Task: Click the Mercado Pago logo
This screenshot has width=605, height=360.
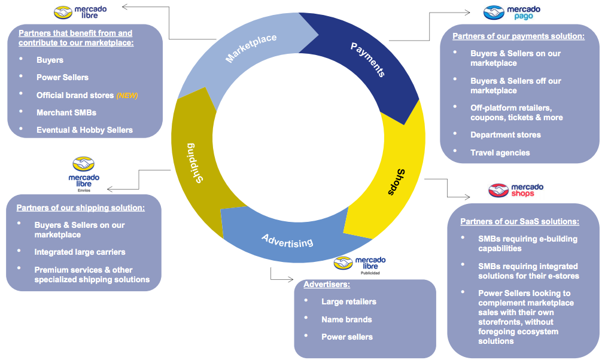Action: [x=512, y=12]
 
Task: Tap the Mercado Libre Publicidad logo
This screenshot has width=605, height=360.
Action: [x=360, y=264]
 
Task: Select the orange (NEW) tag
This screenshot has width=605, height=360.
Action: [x=127, y=95]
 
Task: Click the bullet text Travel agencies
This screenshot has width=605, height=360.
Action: [x=500, y=152]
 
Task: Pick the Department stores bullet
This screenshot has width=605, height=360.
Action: [x=505, y=135]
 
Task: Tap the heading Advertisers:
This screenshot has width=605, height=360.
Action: [x=327, y=284]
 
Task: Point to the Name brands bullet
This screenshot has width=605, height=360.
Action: [x=346, y=319]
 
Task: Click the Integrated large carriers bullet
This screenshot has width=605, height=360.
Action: [x=80, y=252]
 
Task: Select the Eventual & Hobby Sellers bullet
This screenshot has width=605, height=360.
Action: [x=84, y=130]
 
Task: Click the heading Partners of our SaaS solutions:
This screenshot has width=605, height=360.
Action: [x=519, y=221]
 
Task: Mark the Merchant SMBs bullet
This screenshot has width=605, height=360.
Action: [x=66, y=112]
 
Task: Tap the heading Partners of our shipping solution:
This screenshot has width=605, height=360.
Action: [x=80, y=208]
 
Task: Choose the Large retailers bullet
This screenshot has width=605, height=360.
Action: [x=348, y=301]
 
